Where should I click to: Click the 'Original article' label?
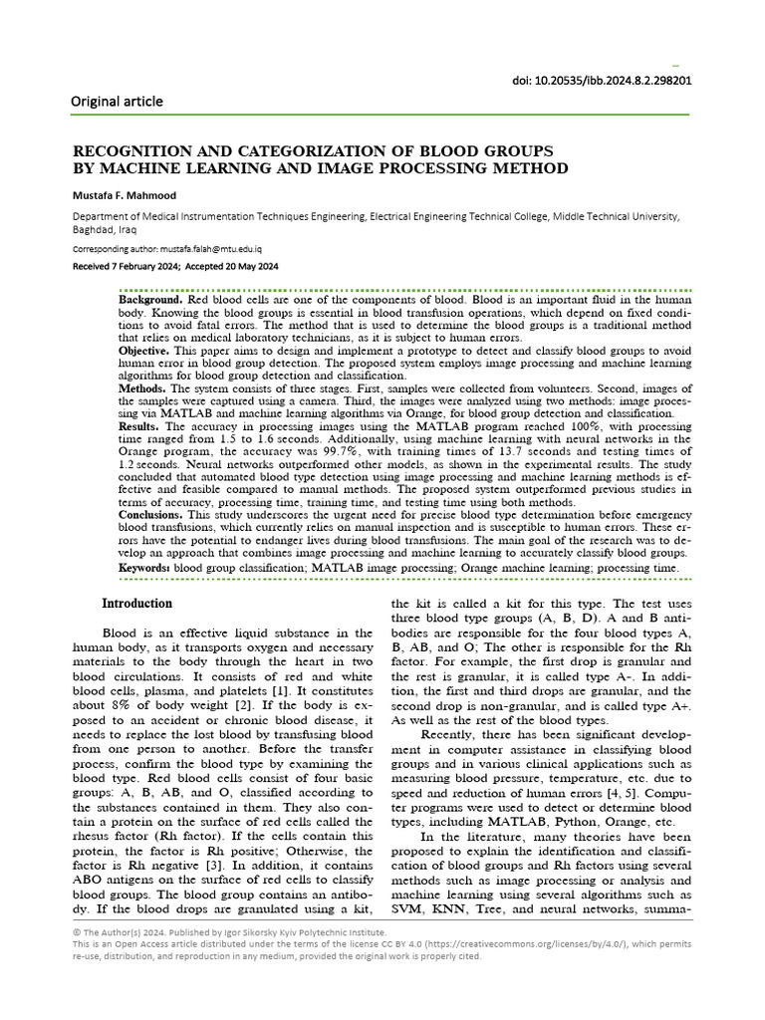point(117,102)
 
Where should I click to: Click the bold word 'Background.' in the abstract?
point(150,300)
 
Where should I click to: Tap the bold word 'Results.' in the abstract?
point(140,426)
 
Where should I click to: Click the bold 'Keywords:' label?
point(145,568)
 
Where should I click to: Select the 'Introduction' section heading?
point(137,604)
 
